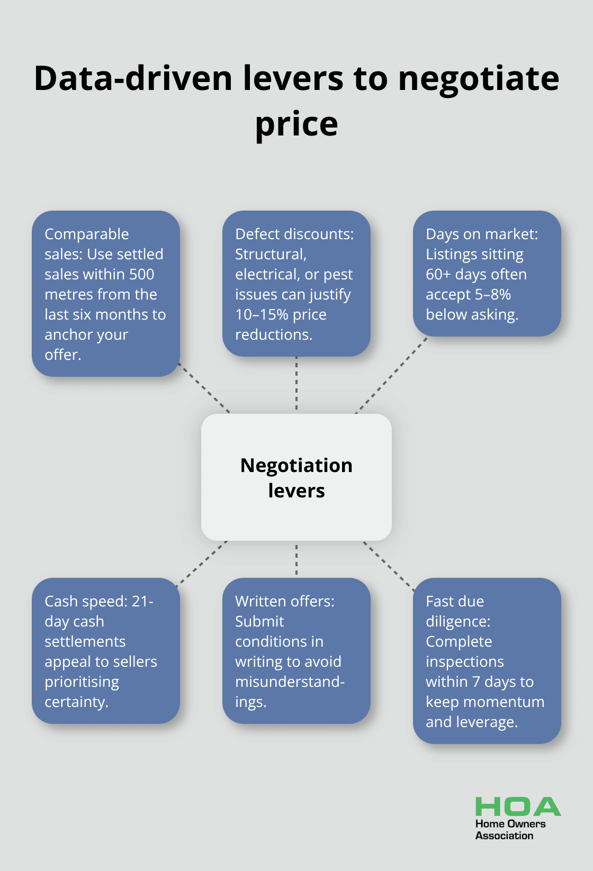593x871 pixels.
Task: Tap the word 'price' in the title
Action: pos(296,125)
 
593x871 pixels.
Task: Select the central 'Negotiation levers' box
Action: pos(296,477)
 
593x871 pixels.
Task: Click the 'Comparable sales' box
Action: pos(106,294)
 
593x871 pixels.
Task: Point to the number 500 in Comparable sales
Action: pos(141,275)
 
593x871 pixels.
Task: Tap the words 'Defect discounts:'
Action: pos(294,234)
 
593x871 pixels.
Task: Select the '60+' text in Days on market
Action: pos(438,275)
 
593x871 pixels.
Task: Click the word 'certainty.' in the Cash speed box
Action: pos(76,702)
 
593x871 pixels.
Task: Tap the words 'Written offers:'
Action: pos(285,602)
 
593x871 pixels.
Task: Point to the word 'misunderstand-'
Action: pos(290,682)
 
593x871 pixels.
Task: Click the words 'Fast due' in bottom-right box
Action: pos(455,602)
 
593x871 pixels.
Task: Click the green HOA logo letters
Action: pos(518,807)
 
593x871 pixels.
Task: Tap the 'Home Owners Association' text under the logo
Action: pos(509,830)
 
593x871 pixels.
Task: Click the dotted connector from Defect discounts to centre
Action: pos(296,384)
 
